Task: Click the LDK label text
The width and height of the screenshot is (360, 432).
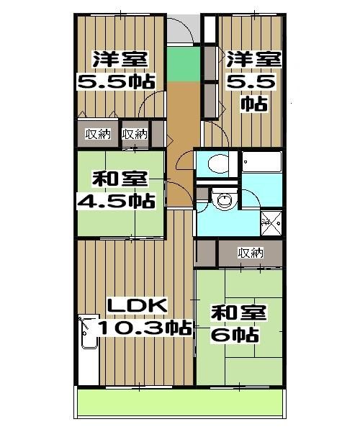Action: pos(138,305)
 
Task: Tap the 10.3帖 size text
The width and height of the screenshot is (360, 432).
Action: pos(145,328)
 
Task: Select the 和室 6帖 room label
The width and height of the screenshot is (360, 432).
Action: pos(239,323)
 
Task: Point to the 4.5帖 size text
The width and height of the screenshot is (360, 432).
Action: pos(116,201)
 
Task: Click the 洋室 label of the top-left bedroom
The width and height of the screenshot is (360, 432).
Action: pos(120,59)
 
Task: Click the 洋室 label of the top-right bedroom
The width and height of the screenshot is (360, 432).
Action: pos(253,59)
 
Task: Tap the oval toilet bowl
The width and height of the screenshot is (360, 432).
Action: pos(219,164)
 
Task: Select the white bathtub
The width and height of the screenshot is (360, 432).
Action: pos(262,162)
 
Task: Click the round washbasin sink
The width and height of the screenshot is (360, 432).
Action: pos(225,199)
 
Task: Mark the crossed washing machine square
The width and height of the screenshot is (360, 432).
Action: pos(271,223)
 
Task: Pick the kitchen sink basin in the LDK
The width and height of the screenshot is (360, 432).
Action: pos(89,332)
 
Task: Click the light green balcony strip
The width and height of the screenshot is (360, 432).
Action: pos(179,402)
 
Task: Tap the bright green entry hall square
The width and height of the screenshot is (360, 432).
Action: pos(184,64)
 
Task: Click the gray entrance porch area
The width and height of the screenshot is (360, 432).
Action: pos(183,29)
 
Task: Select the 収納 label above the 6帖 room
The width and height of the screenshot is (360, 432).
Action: pos(251,253)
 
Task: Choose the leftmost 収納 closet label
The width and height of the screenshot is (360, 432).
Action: pos(98,134)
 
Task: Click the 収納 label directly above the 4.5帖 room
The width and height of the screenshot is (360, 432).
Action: pos(135,134)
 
